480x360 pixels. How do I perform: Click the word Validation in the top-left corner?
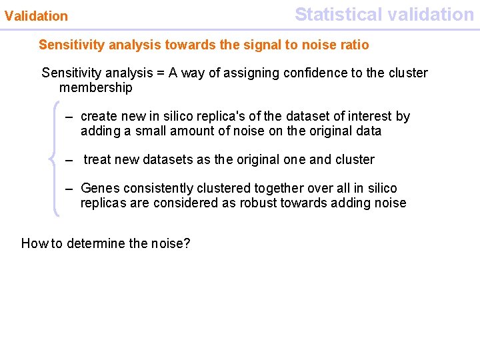tap(37, 15)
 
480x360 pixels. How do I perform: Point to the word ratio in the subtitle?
tap(353, 45)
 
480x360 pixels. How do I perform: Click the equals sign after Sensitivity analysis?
tap(160, 73)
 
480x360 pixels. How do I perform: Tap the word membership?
tap(96, 87)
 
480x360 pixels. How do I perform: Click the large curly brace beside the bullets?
tap(55, 159)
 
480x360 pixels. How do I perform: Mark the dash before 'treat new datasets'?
tap(69, 159)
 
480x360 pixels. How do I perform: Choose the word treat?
tap(98, 159)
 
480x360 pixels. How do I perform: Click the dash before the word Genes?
tap(69, 188)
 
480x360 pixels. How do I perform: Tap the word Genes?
tap(99, 188)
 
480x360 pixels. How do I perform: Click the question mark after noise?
tap(187, 243)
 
